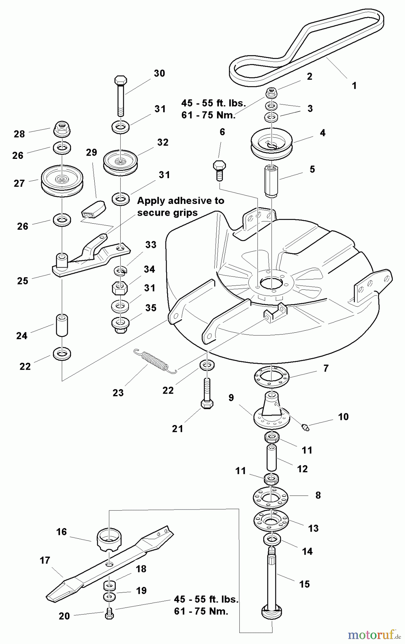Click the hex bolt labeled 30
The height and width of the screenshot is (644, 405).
point(120,95)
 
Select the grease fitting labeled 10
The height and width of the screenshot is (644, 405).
point(305,427)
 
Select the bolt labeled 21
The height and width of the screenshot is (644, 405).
point(207,394)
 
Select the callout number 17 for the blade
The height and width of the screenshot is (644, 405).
point(45,560)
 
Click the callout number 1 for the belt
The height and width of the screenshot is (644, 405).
point(354,86)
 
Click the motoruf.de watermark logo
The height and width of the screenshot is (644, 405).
point(374,634)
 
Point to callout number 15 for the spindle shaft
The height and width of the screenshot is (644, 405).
point(304,584)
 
